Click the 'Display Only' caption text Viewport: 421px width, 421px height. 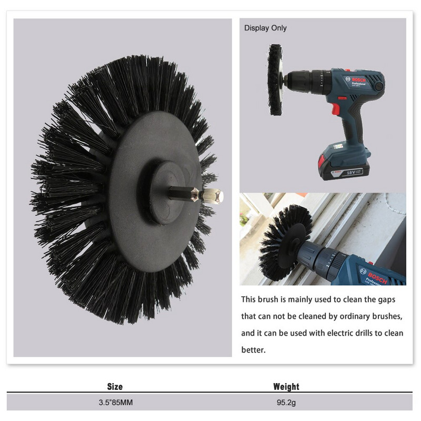265,28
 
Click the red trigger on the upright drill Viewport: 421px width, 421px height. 336,109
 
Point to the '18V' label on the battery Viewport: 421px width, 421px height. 351,173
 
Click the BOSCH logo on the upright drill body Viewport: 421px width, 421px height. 359,80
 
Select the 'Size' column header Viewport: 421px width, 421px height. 115,387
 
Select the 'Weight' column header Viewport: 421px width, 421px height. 286,387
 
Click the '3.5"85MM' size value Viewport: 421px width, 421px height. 116,403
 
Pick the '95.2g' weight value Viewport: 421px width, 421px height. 286,403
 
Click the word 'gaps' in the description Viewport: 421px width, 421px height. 387,300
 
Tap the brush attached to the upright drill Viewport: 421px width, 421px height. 275,80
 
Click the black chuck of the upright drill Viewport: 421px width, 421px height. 306,80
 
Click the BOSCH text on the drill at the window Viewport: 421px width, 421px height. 377,278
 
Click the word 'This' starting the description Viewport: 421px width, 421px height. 248,299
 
